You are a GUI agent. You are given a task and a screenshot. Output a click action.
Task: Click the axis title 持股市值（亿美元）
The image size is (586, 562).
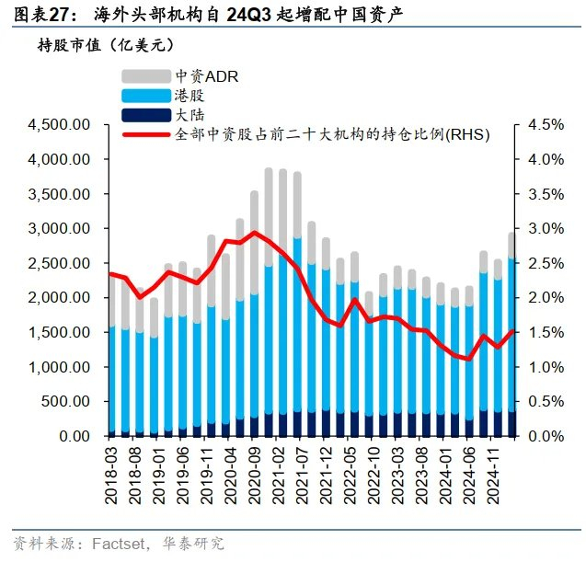[106, 44]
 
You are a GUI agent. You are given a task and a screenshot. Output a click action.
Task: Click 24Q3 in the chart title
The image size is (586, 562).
[249, 15]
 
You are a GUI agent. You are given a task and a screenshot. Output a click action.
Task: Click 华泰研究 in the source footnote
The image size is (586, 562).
[192, 544]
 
